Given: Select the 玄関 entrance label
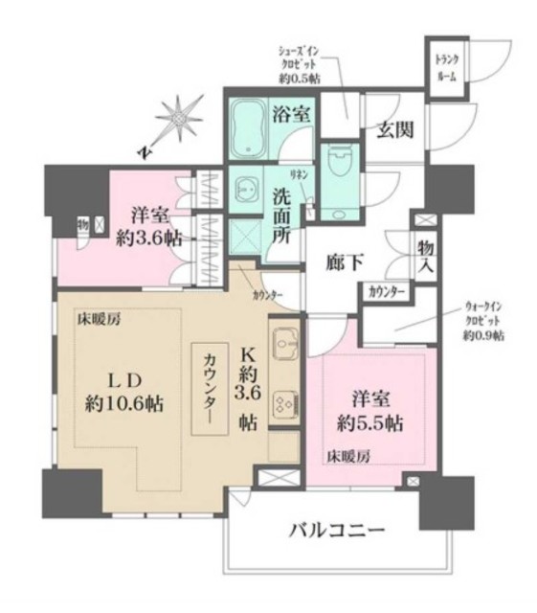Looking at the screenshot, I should point(394,129).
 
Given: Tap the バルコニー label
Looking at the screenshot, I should point(339,530).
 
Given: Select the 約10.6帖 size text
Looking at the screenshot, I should point(123,403).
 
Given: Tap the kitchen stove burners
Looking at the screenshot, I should point(284,402).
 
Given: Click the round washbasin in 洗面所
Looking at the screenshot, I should point(246,190).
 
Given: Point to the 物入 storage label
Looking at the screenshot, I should point(426,259).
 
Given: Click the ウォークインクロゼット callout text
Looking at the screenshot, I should point(483,321).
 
